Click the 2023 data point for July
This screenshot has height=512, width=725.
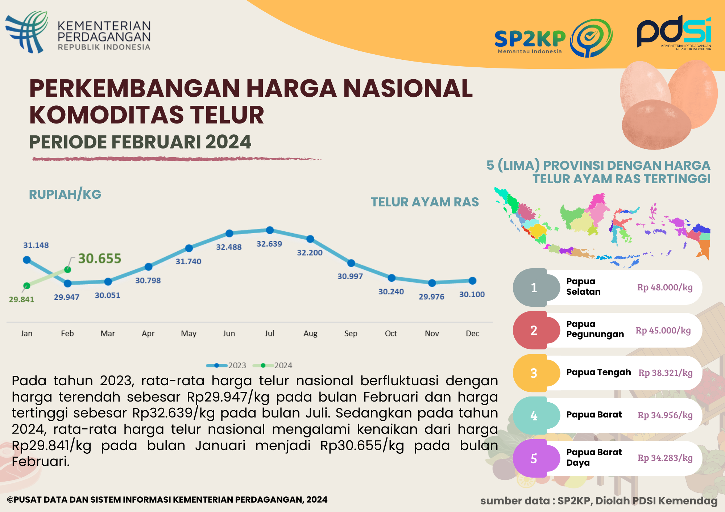pos(270,230)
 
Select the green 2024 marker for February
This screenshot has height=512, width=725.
pos(67,269)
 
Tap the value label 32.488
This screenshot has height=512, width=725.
pos(229,247)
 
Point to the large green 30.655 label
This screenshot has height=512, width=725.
pos(100,259)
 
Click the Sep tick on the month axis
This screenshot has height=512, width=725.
pos(351,333)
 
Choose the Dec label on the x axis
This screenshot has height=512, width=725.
pos(472,333)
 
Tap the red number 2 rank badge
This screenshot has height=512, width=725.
pos(534,330)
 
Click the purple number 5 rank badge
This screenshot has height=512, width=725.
pos(534,458)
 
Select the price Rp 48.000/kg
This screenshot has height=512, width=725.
pos(665,288)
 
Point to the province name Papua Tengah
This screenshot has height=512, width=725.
pos(598,372)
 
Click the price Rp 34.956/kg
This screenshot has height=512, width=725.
pos(665,415)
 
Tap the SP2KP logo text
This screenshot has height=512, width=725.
pos(530,39)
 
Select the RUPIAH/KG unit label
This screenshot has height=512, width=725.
pos(65,194)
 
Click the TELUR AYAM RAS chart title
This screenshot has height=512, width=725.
pos(424,202)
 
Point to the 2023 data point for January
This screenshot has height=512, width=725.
pos(26,260)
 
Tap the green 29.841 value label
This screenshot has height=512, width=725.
pos(21,299)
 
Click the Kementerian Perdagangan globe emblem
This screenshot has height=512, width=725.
pos(27,32)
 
